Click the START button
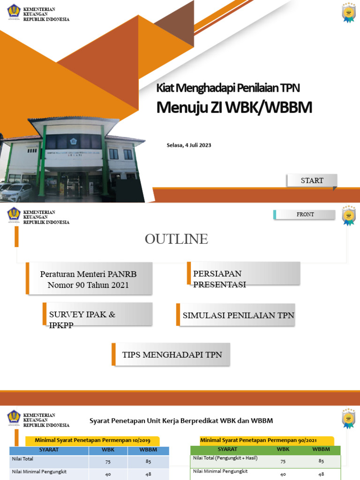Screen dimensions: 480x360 pos(312,180)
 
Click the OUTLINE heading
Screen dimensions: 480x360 pos(176,239)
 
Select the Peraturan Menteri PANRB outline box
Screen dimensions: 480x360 pos(89,279)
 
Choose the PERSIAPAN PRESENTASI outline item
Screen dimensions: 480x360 pos(244,274)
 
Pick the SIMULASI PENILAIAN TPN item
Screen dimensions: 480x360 pos(238,315)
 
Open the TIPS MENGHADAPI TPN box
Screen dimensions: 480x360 pos(172,355)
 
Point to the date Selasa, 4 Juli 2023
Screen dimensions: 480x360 pos(189,145)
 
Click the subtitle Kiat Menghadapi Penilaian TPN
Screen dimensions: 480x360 pos(228,88)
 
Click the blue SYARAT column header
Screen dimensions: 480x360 pos(49,450)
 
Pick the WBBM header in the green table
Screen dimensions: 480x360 pos(321,449)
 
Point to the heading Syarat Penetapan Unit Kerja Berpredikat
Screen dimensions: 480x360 pos(181,421)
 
